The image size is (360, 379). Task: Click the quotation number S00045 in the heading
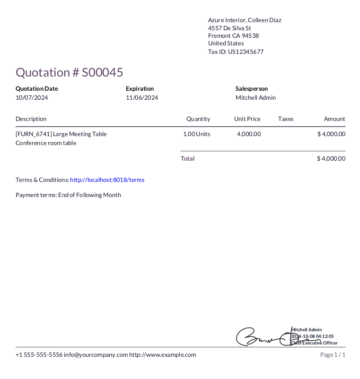click(103, 72)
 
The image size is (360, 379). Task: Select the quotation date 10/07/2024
click(32, 98)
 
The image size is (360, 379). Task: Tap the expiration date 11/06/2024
click(142, 98)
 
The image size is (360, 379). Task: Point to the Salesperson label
click(252, 88)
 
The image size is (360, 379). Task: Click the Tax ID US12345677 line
click(236, 52)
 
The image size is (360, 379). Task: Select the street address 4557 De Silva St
click(229, 28)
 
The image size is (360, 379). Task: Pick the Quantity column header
click(198, 119)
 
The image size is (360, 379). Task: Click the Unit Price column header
click(247, 119)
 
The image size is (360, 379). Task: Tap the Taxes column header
click(286, 119)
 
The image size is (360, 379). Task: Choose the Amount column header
click(334, 119)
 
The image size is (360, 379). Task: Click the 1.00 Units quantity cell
click(197, 134)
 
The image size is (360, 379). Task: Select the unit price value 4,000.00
click(249, 134)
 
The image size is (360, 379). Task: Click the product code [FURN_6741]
click(34, 134)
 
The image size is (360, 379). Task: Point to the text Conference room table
click(46, 143)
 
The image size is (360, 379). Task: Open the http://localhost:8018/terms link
click(107, 180)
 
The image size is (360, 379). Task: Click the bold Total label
click(188, 159)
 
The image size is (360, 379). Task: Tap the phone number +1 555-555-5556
click(39, 355)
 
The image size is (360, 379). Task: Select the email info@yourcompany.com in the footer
click(96, 355)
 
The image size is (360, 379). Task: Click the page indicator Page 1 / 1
click(333, 355)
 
